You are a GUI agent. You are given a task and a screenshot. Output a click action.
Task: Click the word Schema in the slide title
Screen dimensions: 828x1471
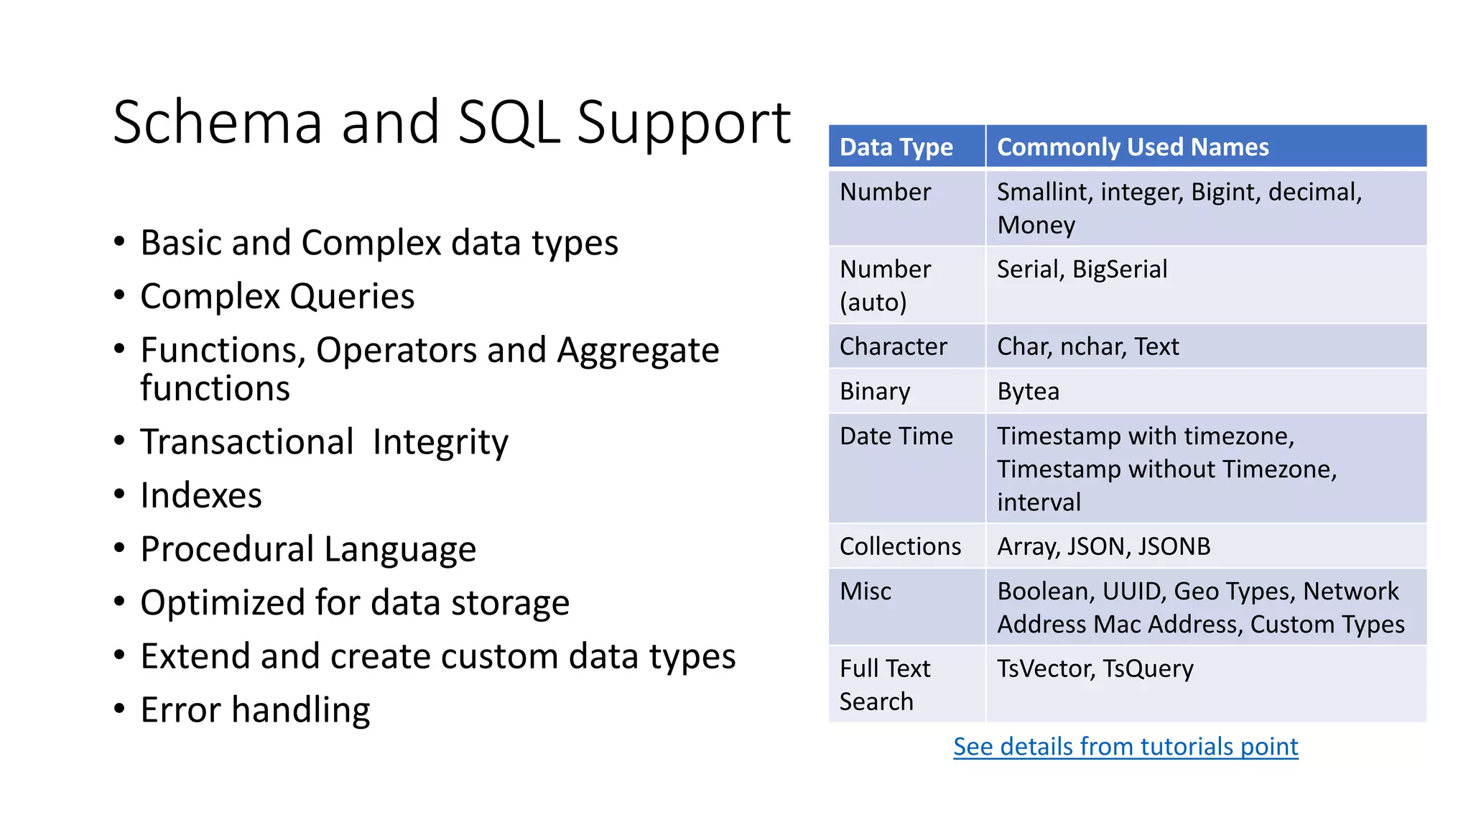coord(218,123)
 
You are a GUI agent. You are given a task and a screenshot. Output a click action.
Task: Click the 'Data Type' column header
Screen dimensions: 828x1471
coord(896,147)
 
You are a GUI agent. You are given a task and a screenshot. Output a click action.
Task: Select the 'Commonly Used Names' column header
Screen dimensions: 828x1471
coord(1133,147)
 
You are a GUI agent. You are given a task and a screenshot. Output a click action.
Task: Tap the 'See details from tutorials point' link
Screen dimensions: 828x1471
coord(1126,747)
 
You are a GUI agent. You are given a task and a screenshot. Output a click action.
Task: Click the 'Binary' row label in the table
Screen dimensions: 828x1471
coord(875,392)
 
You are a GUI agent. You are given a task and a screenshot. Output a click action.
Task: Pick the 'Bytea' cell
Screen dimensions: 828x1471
coord(1028,392)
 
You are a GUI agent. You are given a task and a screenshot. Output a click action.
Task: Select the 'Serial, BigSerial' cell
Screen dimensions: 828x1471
coord(1082,270)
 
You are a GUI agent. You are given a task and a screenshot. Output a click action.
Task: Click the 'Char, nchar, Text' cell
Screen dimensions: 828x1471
coord(1087,347)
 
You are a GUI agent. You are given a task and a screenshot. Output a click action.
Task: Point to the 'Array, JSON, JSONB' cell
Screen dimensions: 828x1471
coord(1103,547)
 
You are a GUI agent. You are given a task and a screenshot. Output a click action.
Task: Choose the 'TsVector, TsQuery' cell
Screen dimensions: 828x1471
coord(1095,669)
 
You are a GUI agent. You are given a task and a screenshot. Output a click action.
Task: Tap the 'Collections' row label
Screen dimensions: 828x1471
coord(900,547)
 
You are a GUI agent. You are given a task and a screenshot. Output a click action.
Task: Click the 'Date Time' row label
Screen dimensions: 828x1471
coord(896,436)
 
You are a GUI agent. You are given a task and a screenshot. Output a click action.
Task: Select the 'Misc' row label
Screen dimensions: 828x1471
coord(866,592)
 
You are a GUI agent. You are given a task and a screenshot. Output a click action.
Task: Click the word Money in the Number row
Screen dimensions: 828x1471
coord(1036,226)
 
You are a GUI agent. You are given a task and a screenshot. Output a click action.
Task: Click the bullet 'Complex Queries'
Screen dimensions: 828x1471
coord(277,297)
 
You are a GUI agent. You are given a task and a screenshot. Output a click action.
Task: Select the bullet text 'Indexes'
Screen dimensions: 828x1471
coord(201,496)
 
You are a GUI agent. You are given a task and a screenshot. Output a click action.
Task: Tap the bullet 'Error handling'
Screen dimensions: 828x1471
coord(255,710)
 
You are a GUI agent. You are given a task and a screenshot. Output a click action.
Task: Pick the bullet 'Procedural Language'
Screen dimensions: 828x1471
coord(308,550)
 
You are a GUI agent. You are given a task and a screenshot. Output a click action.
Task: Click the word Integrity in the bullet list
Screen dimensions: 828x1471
coord(440,443)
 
